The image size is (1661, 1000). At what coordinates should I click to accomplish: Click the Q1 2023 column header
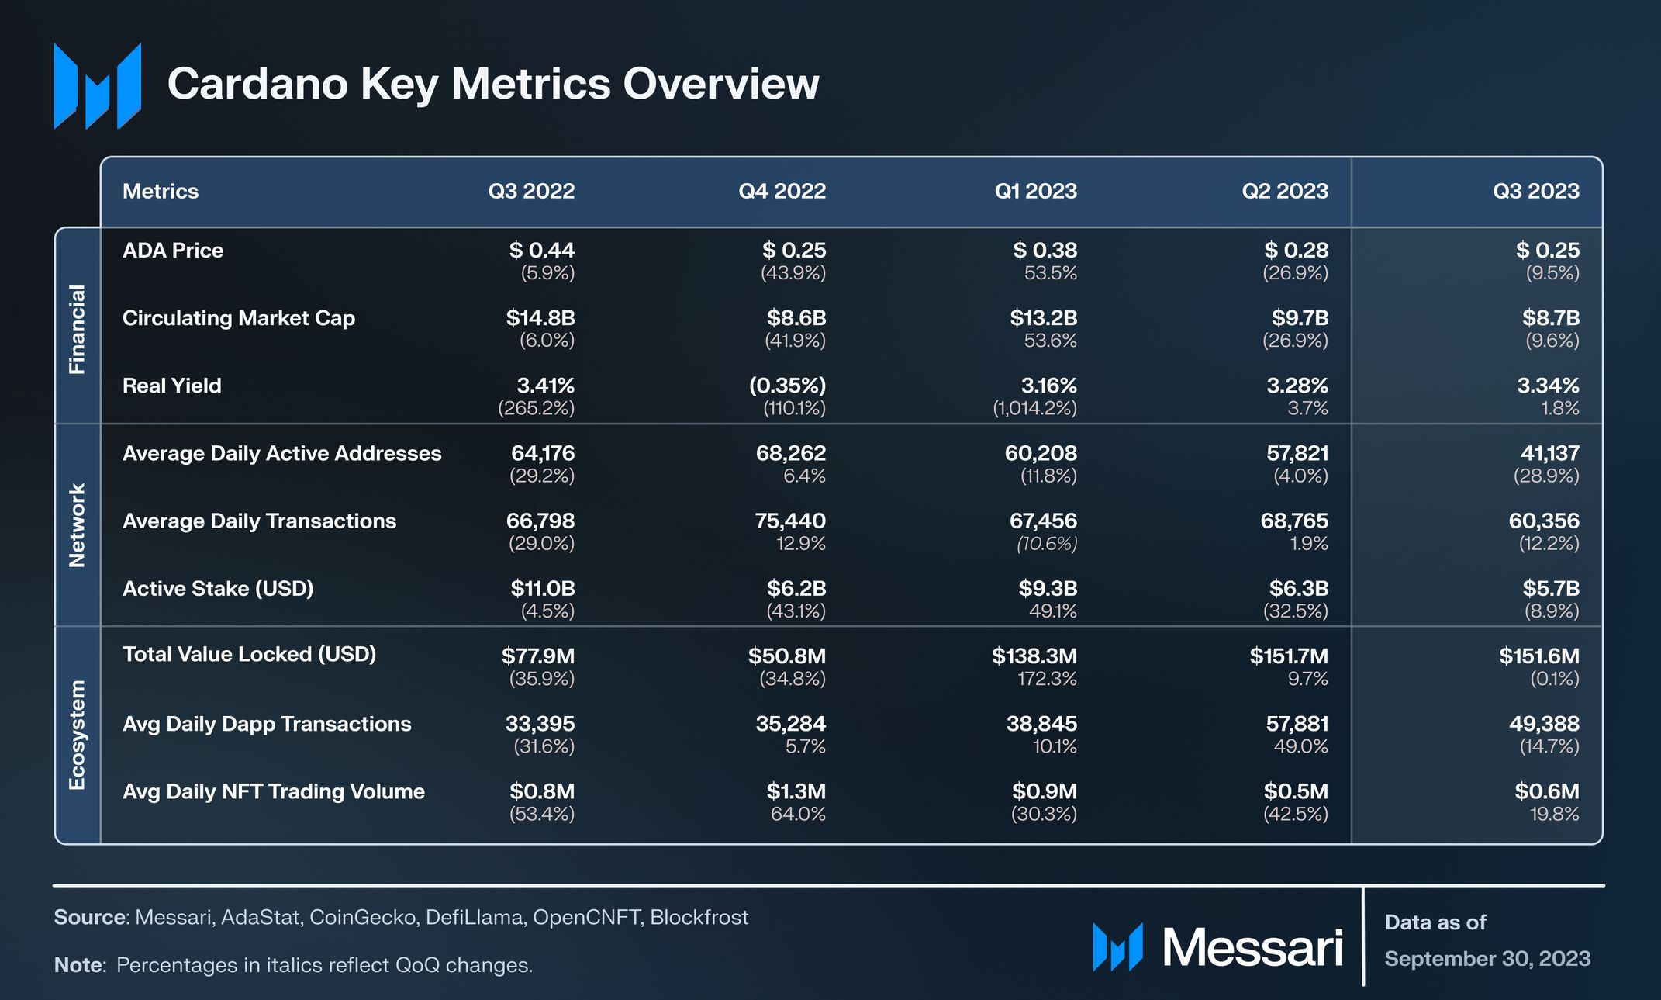point(1035,191)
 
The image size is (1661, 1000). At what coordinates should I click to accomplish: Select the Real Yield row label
point(171,386)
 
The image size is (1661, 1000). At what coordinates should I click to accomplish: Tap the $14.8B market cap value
point(540,318)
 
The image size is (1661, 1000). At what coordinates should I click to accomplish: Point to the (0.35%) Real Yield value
point(787,386)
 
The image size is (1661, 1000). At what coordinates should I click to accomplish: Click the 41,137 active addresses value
point(1550,453)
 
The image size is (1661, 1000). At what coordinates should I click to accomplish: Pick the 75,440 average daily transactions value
point(790,521)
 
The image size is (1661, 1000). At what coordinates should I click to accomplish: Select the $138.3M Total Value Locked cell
point(1034,656)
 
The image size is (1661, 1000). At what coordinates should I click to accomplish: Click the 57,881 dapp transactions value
point(1297,724)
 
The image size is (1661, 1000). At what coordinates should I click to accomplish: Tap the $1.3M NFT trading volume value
point(796,791)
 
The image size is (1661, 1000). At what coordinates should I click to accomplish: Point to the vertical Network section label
point(77,525)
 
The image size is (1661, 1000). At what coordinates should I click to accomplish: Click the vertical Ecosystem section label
point(77,735)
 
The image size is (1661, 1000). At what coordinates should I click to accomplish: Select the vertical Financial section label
point(77,329)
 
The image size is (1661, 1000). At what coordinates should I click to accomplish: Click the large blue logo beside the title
point(98,85)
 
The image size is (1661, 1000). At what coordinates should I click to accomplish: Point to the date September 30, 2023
point(1487,959)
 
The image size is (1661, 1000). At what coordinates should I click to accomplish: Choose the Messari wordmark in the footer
point(1252,948)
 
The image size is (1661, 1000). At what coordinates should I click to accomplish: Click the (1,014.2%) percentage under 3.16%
point(1034,408)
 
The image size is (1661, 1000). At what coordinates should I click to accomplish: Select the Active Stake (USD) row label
point(218,589)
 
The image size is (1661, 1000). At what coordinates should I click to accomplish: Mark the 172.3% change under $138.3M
point(1047,679)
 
